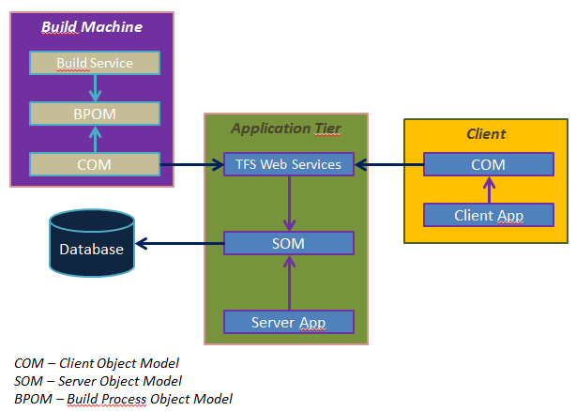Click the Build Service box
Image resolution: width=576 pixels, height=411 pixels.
click(x=95, y=64)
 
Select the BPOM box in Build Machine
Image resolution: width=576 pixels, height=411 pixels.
click(x=95, y=114)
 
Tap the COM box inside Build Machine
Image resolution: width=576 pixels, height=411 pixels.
click(x=95, y=164)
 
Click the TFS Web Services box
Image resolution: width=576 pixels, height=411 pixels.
click(x=289, y=164)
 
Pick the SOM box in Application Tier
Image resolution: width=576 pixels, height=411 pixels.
click(x=289, y=243)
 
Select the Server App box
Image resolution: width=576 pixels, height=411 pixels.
click(x=289, y=322)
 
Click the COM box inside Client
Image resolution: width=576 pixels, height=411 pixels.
click(x=488, y=164)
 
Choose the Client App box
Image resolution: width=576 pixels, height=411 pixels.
click(x=488, y=215)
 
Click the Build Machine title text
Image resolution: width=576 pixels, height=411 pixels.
click(x=92, y=26)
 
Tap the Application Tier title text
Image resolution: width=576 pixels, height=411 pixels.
click(x=286, y=128)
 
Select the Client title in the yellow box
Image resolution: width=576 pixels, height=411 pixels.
click(x=486, y=134)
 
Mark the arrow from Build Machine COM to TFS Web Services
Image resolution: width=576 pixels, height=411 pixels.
click(x=192, y=165)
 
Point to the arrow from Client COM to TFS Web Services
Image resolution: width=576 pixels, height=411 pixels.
click(x=388, y=165)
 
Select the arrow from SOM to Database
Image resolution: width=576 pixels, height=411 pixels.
click(x=179, y=244)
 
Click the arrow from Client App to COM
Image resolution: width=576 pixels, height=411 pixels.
click(x=488, y=190)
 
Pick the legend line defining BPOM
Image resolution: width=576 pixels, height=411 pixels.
click(x=123, y=399)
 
